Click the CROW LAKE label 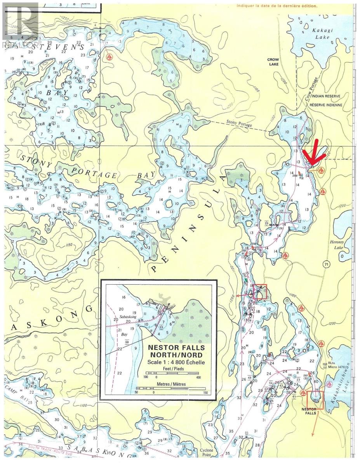(273, 62)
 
